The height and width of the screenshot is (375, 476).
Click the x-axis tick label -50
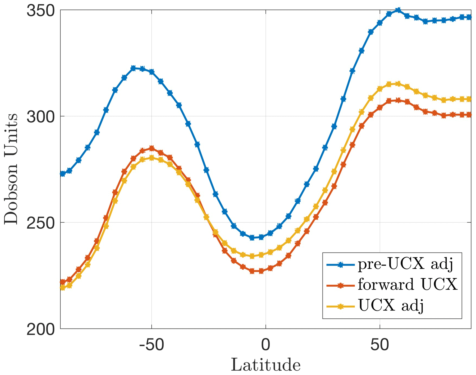(x=152, y=345)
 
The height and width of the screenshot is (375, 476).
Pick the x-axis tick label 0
(x=266, y=345)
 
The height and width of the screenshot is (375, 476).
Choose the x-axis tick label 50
(x=379, y=345)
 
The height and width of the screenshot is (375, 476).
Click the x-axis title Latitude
(x=266, y=365)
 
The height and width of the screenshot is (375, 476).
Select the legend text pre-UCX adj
(x=406, y=264)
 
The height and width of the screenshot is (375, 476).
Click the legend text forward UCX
(x=407, y=285)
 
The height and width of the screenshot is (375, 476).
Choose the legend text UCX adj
(x=391, y=306)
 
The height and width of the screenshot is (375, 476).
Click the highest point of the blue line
(x=398, y=10)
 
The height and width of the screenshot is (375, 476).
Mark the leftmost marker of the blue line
(x=62, y=174)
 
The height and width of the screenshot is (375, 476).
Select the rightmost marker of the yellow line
(x=469, y=99)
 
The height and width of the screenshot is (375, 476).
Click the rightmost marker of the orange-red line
(x=469, y=115)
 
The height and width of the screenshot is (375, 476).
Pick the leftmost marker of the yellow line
(x=62, y=288)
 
